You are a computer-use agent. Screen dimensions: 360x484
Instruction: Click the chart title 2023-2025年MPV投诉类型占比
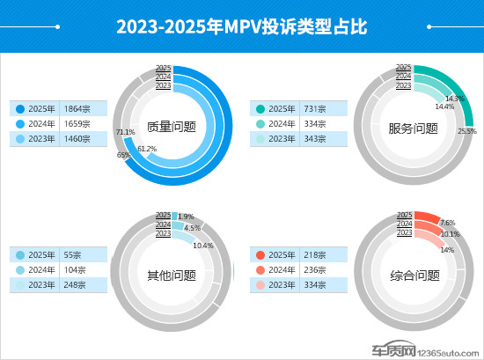pyautogui.click(x=241, y=26)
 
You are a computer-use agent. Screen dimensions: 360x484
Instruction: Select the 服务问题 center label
pyautogui.click(x=413, y=128)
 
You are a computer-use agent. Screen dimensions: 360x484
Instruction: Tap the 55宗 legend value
pyautogui.click(x=74, y=255)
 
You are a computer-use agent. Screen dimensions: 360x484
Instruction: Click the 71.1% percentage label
pyautogui.click(x=125, y=133)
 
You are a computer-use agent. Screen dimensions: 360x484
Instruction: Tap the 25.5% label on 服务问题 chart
pyautogui.click(x=467, y=131)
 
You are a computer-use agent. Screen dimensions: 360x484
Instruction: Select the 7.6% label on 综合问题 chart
pyautogui.click(x=447, y=224)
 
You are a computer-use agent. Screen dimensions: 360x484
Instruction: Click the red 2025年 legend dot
pyautogui.click(x=261, y=255)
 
